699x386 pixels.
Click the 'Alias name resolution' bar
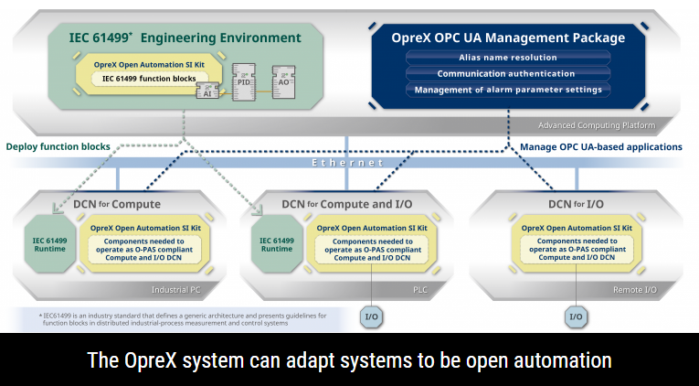[x=508, y=58]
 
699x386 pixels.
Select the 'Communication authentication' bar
[x=508, y=73]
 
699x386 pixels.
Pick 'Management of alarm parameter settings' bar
[x=508, y=90]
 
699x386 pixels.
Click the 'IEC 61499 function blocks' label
[x=149, y=80]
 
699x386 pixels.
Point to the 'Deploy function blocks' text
[x=58, y=146]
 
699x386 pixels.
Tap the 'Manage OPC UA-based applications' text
[x=601, y=146]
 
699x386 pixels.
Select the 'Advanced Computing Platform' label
[x=596, y=124]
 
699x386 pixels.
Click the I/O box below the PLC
[x=371, y=317]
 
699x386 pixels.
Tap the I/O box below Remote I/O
[x=577, y=317]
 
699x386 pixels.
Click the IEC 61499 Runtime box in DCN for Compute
[x=49, y=245]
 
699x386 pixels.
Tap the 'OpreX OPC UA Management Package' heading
[x=508, y=38]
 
